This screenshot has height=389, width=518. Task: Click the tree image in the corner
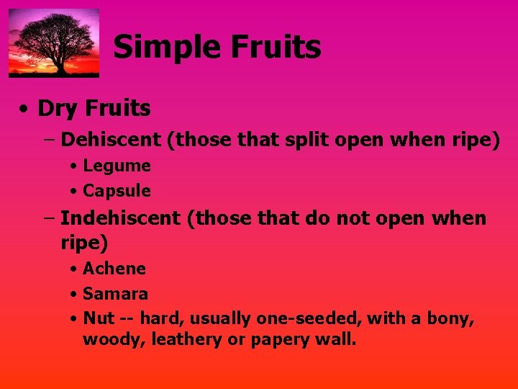pos(54,43)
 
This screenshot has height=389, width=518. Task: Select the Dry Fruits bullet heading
pos(94,109)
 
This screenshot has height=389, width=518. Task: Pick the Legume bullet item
pos(117,166)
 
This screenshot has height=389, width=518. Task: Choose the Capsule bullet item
pos(117,191)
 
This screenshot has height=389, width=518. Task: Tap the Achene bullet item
pos(114,269)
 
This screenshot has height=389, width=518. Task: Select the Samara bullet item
pos(115,294)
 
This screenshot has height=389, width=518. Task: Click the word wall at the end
pos(335,339)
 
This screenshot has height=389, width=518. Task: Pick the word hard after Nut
pos(158,318)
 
